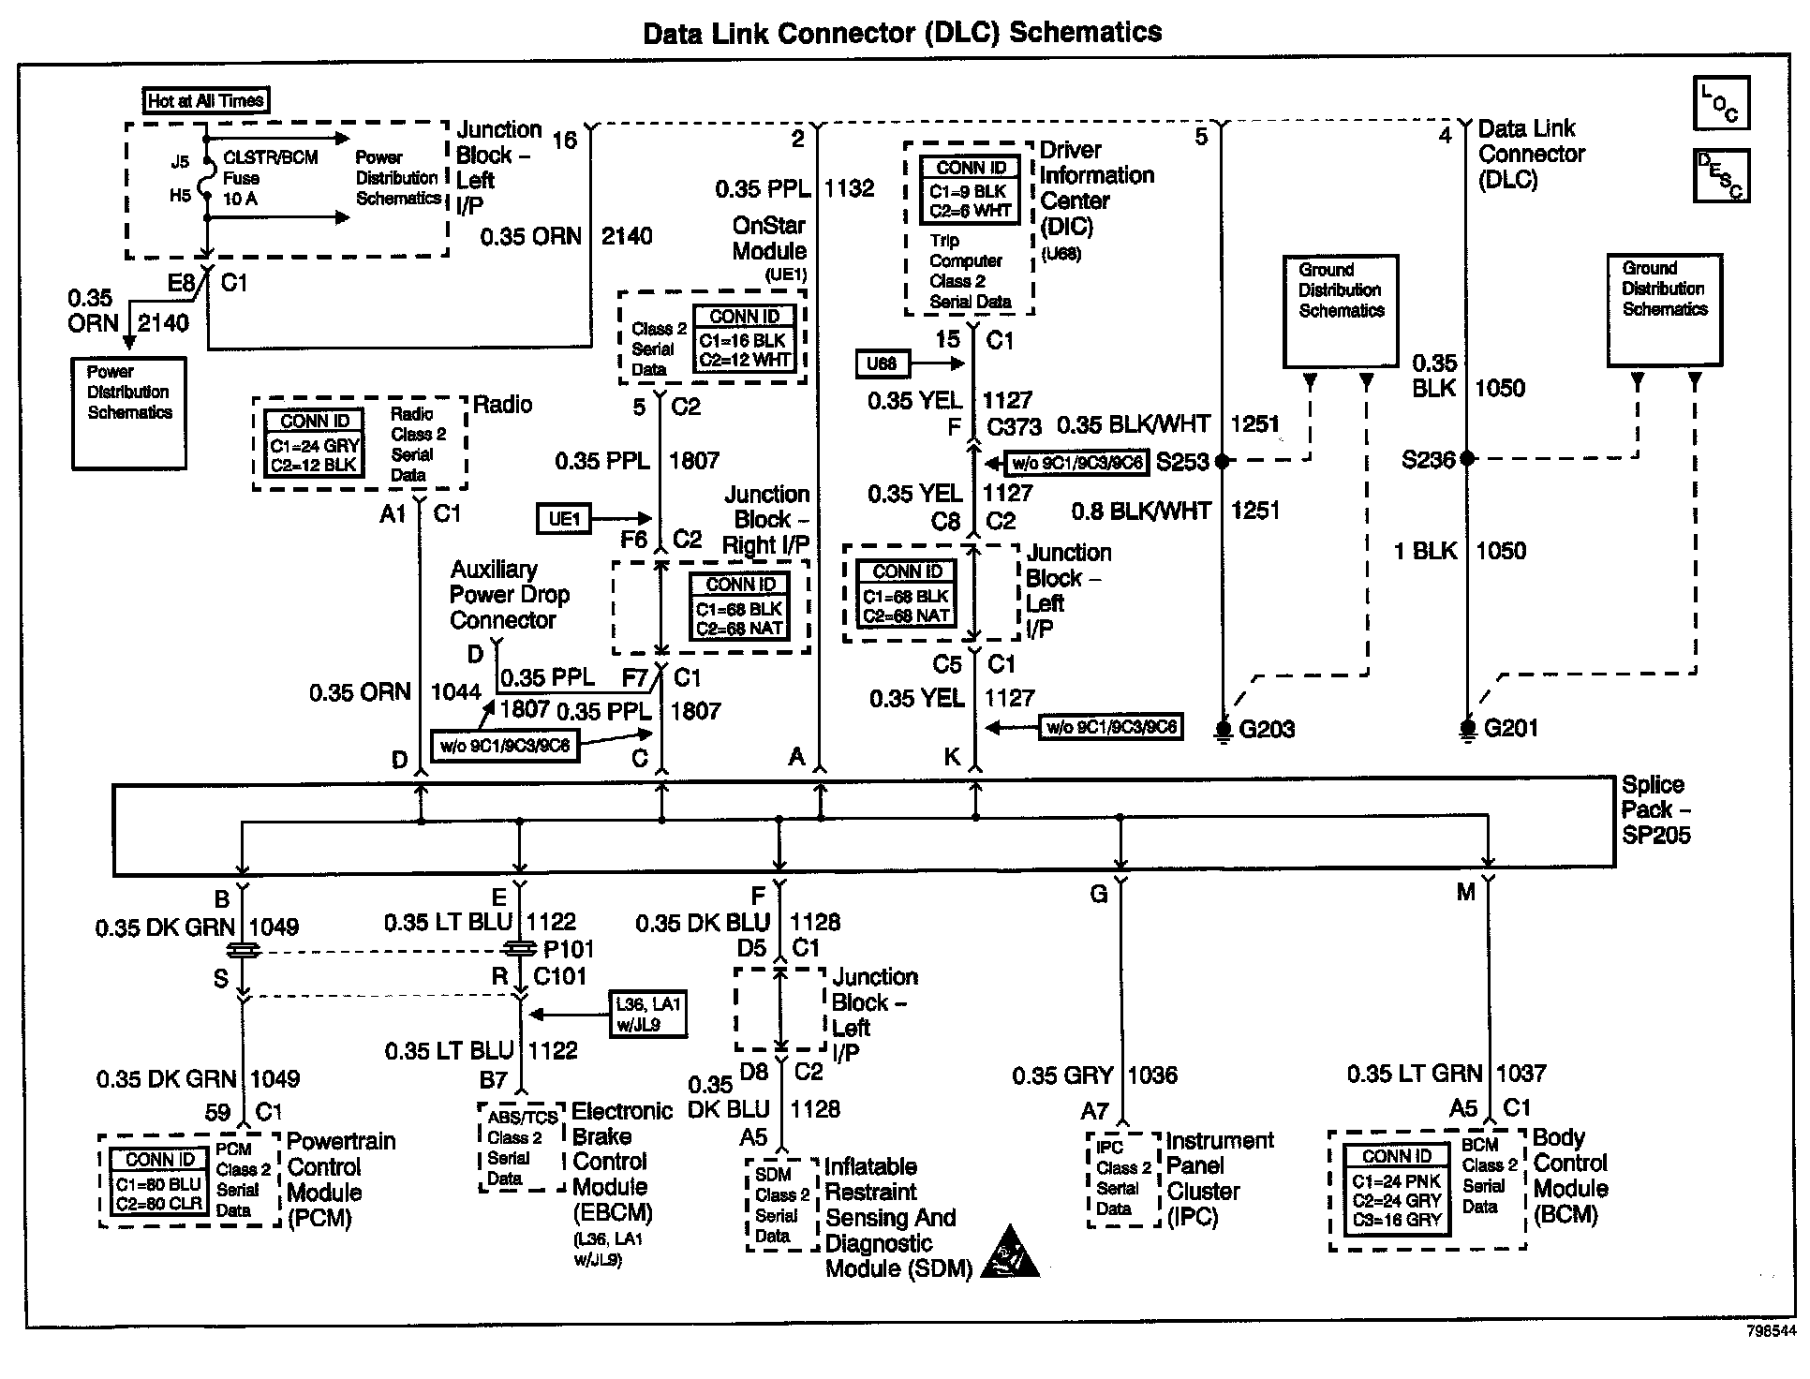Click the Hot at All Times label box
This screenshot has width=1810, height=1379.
pos(206,100)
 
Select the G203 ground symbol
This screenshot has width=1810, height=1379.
pos(1223,729)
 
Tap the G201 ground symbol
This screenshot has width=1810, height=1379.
pos(1468,728)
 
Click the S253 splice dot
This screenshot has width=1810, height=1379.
pos(1223,461)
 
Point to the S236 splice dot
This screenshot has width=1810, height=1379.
pos(1468,458)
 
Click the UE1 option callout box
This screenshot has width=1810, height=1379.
pos(564,518)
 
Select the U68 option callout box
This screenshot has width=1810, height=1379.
pos(882,363)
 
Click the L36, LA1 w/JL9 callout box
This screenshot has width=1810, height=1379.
pos(647,1015)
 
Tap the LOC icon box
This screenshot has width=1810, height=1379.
pos(1721,103)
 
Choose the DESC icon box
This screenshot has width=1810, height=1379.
pos(1721,175)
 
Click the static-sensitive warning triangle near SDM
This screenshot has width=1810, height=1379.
pos(1010,1253)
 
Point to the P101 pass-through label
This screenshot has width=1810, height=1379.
pos(568,949)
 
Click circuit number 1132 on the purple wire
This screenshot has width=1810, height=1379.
pos(849,188)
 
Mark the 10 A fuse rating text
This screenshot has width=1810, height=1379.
pos(241,199)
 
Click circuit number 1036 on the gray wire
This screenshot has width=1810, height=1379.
pos(1152,1075)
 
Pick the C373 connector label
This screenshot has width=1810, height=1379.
pos(1014,427)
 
